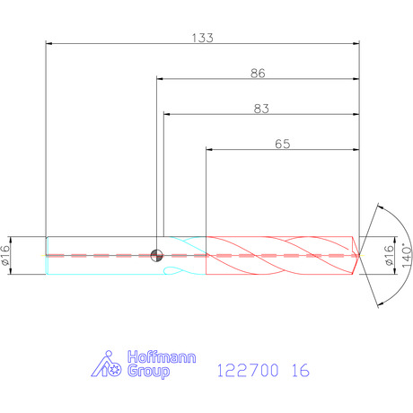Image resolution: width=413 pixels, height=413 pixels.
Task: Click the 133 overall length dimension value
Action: (202, 38)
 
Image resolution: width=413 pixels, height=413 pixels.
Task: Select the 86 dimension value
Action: (258, 74)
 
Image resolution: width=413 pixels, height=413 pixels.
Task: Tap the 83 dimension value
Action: (261, 109)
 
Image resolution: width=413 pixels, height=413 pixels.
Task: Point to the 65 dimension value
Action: (283, 144)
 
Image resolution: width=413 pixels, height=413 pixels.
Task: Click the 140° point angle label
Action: (407, 255)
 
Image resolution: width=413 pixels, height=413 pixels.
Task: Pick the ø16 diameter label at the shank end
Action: (5, 255)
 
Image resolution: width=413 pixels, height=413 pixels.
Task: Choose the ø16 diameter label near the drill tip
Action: (389, 255)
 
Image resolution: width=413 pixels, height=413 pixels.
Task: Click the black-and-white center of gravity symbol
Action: (156, 255)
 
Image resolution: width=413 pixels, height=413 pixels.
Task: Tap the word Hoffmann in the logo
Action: (162, 357)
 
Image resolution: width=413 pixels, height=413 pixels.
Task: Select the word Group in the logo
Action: (148, 372)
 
